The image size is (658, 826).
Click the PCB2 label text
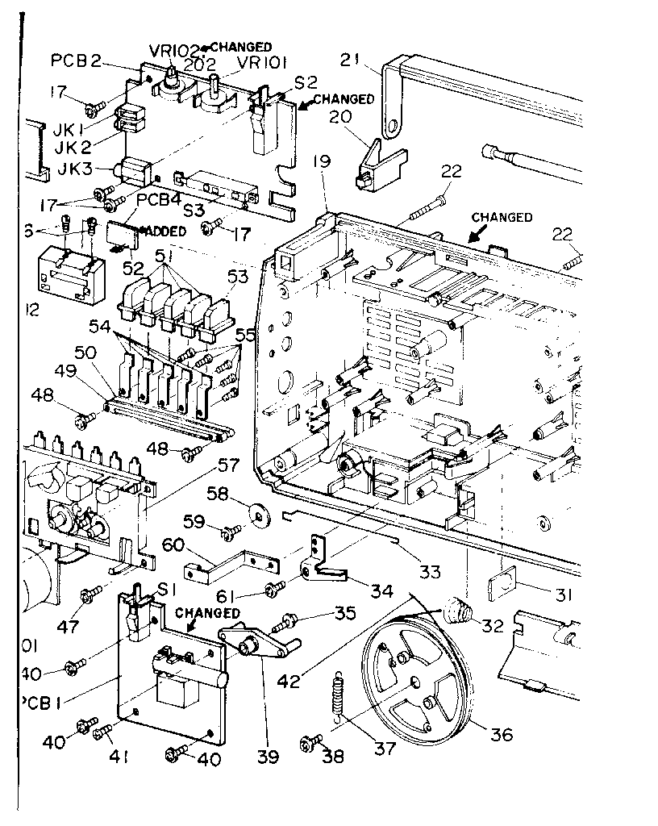click(76, 60)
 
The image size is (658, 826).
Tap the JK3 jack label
click(94, 170)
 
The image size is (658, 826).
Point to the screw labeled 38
click(311, 742)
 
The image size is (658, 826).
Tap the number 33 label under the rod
click(429, 572)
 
